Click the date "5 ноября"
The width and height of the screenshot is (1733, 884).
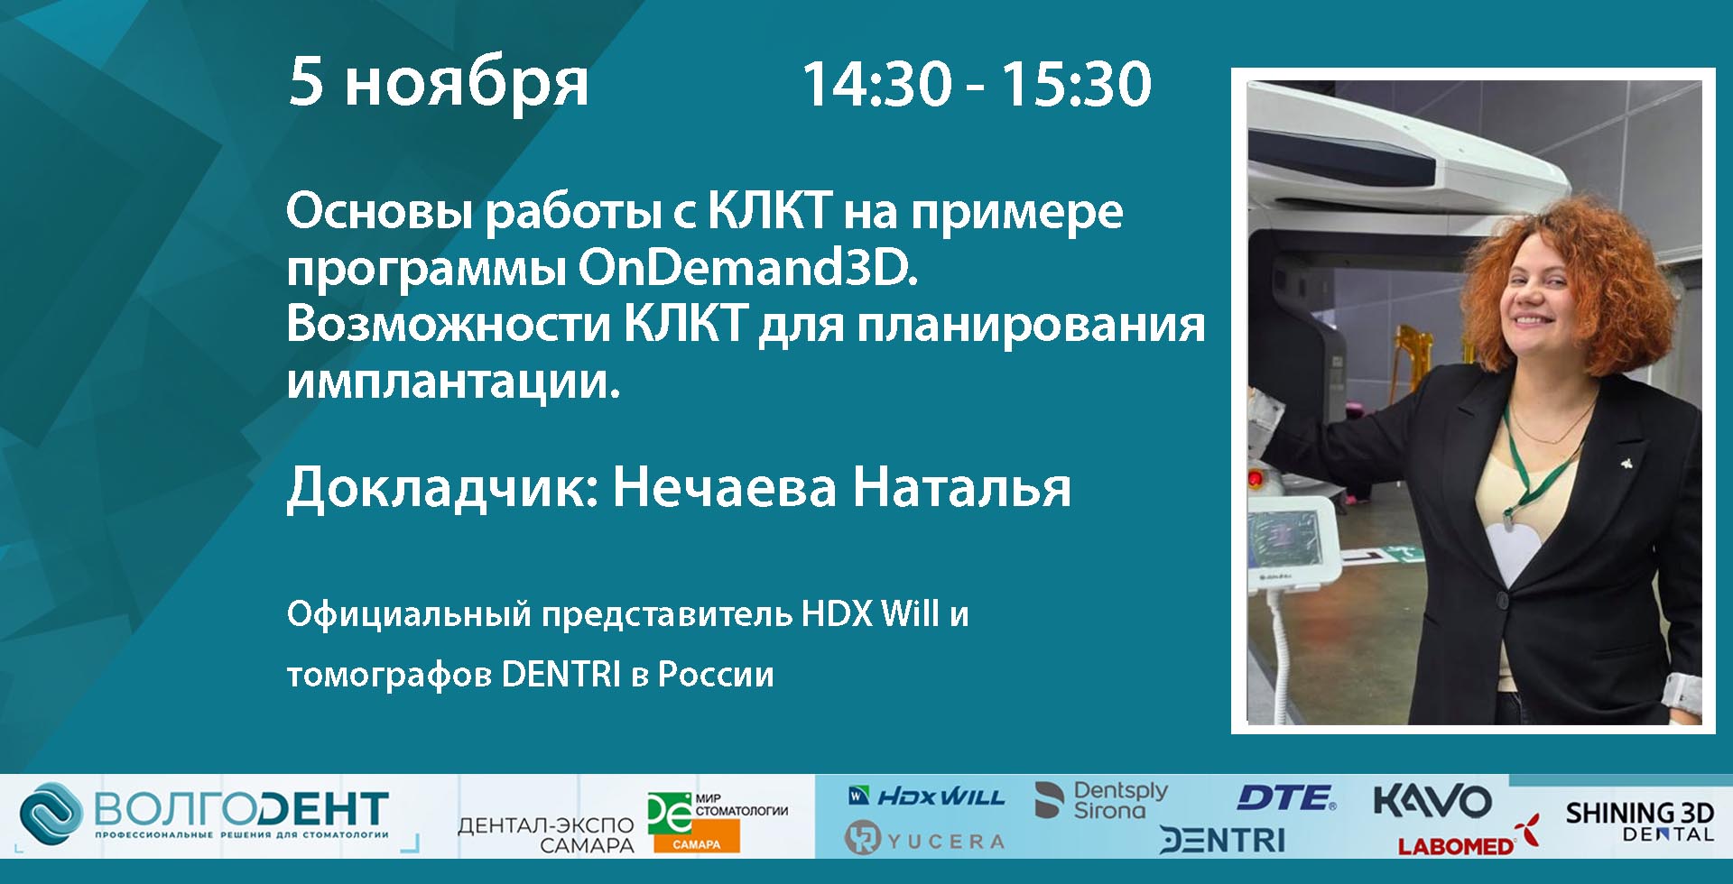tap(439, 84)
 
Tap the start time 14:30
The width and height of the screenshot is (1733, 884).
tap(877, 84)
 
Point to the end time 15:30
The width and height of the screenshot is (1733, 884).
tap(1076, 84)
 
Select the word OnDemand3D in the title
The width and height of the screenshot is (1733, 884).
tap(747, 268)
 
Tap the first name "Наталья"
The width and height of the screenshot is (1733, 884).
tap(962, 487)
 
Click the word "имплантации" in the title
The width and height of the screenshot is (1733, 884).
tap(453, 382)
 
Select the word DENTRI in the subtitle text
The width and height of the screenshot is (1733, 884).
tap(561, 674)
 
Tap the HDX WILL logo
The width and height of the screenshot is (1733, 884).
tap(927, 797)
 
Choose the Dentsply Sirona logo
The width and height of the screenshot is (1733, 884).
tap(1101, 800)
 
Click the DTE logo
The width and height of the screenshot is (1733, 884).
tap(1286, 798)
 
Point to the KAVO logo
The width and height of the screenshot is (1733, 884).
tap(1432, 801)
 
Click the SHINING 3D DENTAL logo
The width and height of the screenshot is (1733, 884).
tap(1639, 821)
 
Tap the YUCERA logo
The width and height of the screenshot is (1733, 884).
tap(925, 840)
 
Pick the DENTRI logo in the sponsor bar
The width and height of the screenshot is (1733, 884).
tap(1222, 841)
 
